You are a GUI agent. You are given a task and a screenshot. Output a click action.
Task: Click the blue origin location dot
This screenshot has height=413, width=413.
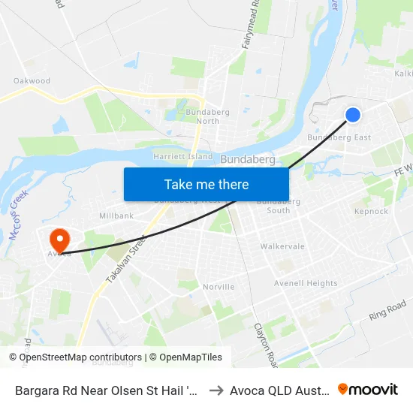click(352, 114)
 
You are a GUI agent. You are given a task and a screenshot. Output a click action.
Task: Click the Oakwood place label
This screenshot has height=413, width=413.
click(32, 80)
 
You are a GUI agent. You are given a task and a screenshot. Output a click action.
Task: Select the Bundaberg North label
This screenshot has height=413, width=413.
click(203, 116)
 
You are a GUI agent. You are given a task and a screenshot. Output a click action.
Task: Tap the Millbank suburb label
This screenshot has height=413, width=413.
click(116, 216)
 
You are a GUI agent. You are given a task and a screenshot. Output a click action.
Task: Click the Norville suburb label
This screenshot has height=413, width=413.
click(219, 287)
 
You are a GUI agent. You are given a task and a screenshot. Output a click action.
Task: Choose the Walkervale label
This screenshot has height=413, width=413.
click(282, 246)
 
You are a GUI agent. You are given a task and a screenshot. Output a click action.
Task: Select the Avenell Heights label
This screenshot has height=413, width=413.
click(306, 283)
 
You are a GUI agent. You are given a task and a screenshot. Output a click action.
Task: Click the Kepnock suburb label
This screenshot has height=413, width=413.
click(371, 212)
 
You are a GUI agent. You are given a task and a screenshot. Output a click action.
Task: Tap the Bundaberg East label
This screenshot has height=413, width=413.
click(339, 137)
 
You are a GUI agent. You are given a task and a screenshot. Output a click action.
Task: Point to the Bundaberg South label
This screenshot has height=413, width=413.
click(279, 206)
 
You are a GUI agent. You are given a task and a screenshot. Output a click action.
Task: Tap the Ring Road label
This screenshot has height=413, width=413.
click(387, 310)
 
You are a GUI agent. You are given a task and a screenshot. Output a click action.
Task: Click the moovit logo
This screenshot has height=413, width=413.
click(368, 390)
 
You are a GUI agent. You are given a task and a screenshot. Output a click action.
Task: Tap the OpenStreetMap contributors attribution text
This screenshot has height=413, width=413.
click(80, 357)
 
